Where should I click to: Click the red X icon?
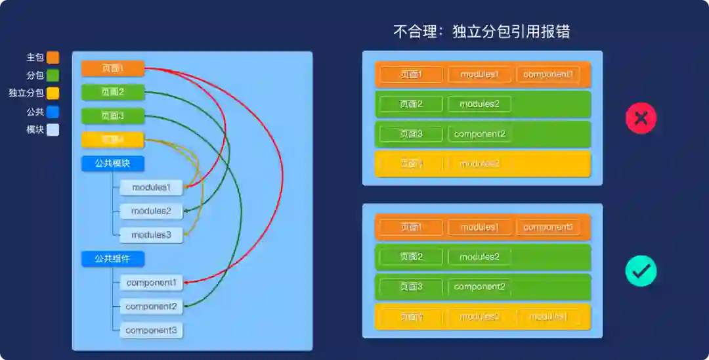(x=641, y=118)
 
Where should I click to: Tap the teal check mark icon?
(x=641, y=271)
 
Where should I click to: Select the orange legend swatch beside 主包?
(x=53, y=58)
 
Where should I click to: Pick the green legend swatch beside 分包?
(x=53, y=76)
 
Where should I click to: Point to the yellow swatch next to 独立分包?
(x=53, y=93)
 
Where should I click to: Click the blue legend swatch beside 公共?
(x=53, y=112)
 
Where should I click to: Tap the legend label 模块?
(x=35, y=129)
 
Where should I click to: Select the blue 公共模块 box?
(x=112, y=164)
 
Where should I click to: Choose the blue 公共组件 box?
(x=112, y=259)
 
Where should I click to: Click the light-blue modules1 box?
(x=151, y=187)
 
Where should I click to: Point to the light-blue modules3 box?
(x=151, y=235)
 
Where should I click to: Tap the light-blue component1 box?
(x=151, y=282)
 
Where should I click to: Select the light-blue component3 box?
(x=151, y=330)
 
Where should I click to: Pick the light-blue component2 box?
(x=151, y=306)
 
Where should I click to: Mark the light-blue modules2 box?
(x=151, y=211)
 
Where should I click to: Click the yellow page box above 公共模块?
(x=112, y=139)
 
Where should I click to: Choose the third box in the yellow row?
(x=548, y=317)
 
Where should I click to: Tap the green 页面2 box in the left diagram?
(x=112, y=92)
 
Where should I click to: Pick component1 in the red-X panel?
(x=548, y=74)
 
